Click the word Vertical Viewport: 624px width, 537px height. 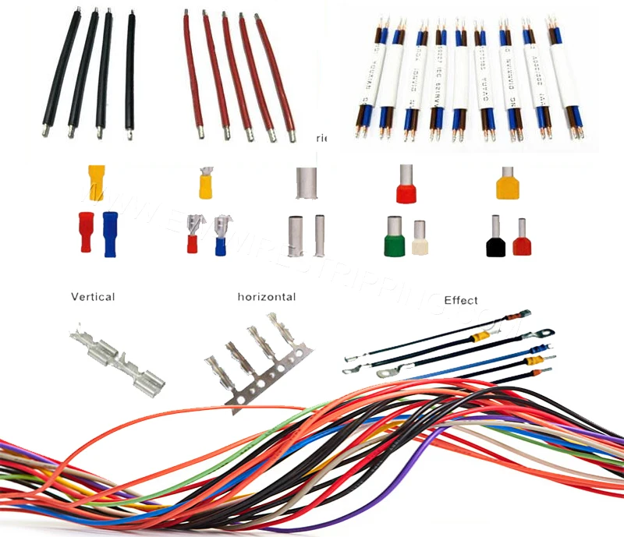(93, 297)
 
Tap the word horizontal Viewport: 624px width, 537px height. (267, 297)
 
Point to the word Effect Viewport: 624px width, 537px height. (461, 300)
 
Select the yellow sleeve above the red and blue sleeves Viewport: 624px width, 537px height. (94, 182)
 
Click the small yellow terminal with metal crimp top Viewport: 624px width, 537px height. (206, 184)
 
